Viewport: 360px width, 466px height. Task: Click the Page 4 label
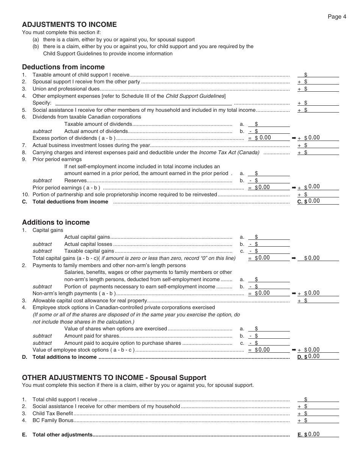coord(337,17)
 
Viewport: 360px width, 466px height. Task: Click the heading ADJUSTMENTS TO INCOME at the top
coord(69,25)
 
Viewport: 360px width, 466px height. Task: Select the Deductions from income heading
coord(63,67)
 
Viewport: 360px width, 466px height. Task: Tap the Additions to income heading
coord(56,222)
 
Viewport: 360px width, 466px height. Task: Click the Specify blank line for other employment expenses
coord(144,103)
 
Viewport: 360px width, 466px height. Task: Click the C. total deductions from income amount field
coord(323,201)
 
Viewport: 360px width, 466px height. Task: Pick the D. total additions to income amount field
coord(323,357)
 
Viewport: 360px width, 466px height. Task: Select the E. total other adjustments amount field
coord(323,435)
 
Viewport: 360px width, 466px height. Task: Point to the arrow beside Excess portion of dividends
coord(294,138)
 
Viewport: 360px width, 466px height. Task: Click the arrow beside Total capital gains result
coord(294,258)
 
